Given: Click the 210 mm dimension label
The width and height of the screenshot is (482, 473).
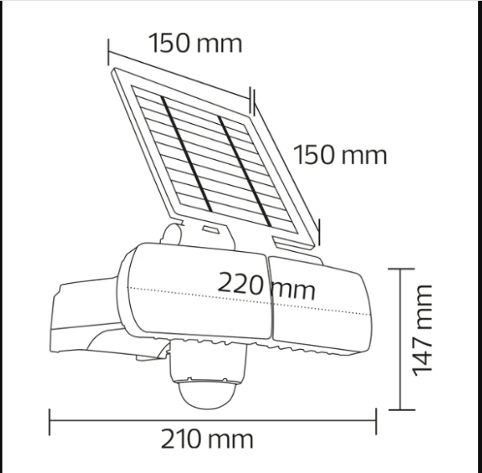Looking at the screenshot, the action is pos(207,439).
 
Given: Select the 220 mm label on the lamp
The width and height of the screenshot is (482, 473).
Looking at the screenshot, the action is pos(266,286).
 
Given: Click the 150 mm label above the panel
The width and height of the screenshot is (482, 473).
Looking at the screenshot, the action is pos(196,43).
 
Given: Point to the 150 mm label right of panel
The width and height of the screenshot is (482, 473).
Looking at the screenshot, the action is pos(341,154).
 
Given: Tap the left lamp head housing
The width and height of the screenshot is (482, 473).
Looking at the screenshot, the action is pos(197,291).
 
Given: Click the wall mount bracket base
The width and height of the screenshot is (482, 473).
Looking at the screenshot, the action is pos(86,319).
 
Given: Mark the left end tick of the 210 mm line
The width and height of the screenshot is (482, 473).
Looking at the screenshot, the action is pos(50,422).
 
